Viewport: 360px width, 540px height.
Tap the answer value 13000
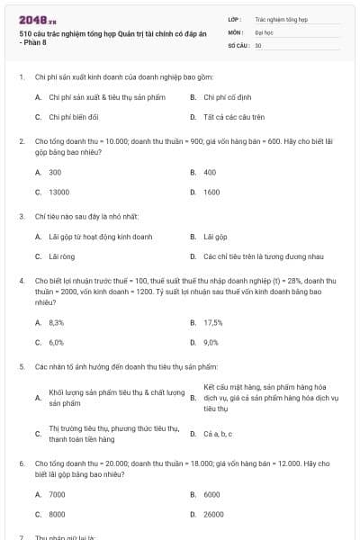[58, 192]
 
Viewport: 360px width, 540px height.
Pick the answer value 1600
[211, 192]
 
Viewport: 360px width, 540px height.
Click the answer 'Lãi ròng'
[60, 256]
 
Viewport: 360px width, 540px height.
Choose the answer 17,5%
[213, 321]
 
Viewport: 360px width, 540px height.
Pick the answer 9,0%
[211, 342]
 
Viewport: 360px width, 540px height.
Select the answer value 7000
[57, 494]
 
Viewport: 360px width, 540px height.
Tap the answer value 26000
[213, 515]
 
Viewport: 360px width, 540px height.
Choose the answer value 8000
[57, 515]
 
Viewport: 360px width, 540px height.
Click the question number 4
[21, 281]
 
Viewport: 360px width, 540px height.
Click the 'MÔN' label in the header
[236, 31]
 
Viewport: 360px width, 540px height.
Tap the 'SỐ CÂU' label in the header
[238, 44]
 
